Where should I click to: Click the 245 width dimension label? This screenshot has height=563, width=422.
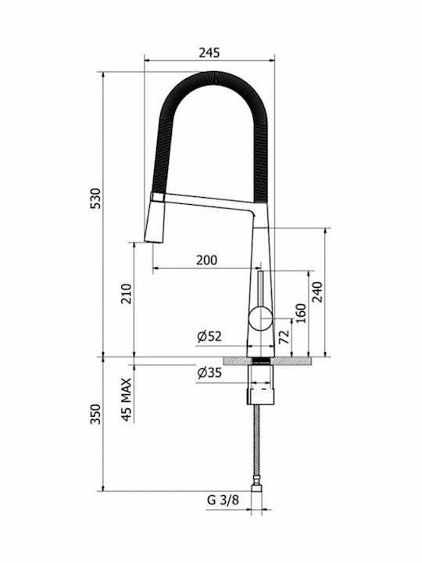coord(209,53)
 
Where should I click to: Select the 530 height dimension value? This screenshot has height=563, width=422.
coord(96,198)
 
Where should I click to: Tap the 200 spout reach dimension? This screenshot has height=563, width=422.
coord(206,260)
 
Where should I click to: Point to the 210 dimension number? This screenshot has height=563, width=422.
coord(127,294)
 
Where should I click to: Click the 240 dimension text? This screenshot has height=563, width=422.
coord(317,292)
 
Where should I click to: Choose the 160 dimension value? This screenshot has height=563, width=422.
coord(301,313)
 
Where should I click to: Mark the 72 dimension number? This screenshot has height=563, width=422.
coord(284,336)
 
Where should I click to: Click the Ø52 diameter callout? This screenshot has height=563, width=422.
coord(209,336)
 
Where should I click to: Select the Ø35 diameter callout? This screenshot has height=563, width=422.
coord(209,373)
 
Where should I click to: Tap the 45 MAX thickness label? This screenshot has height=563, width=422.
coord(127,400)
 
